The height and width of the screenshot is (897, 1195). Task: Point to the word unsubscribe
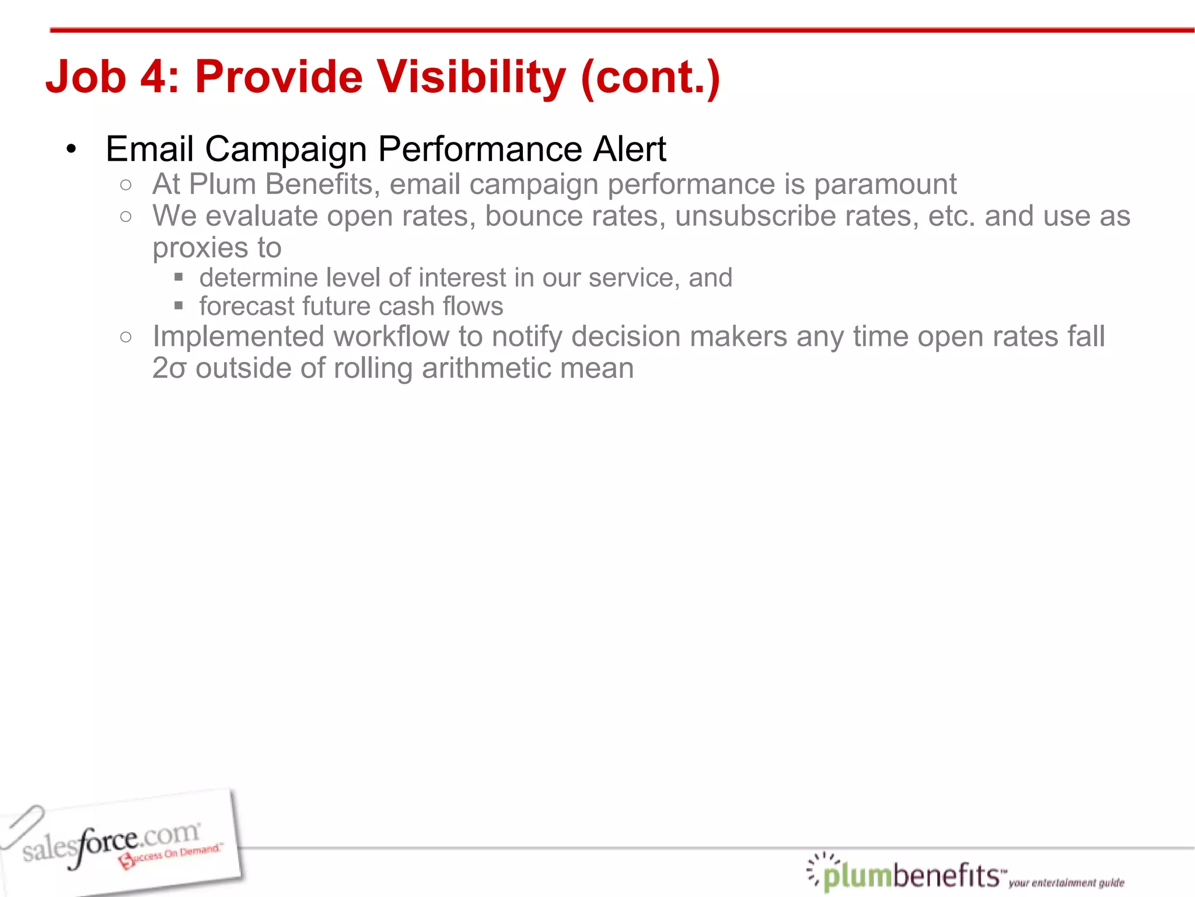755,216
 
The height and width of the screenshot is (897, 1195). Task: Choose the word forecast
247,306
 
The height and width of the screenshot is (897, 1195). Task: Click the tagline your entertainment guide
1065,882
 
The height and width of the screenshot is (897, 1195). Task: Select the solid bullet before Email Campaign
71,149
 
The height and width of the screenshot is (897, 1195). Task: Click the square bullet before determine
179,277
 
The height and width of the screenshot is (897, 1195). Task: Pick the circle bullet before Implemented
126,337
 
